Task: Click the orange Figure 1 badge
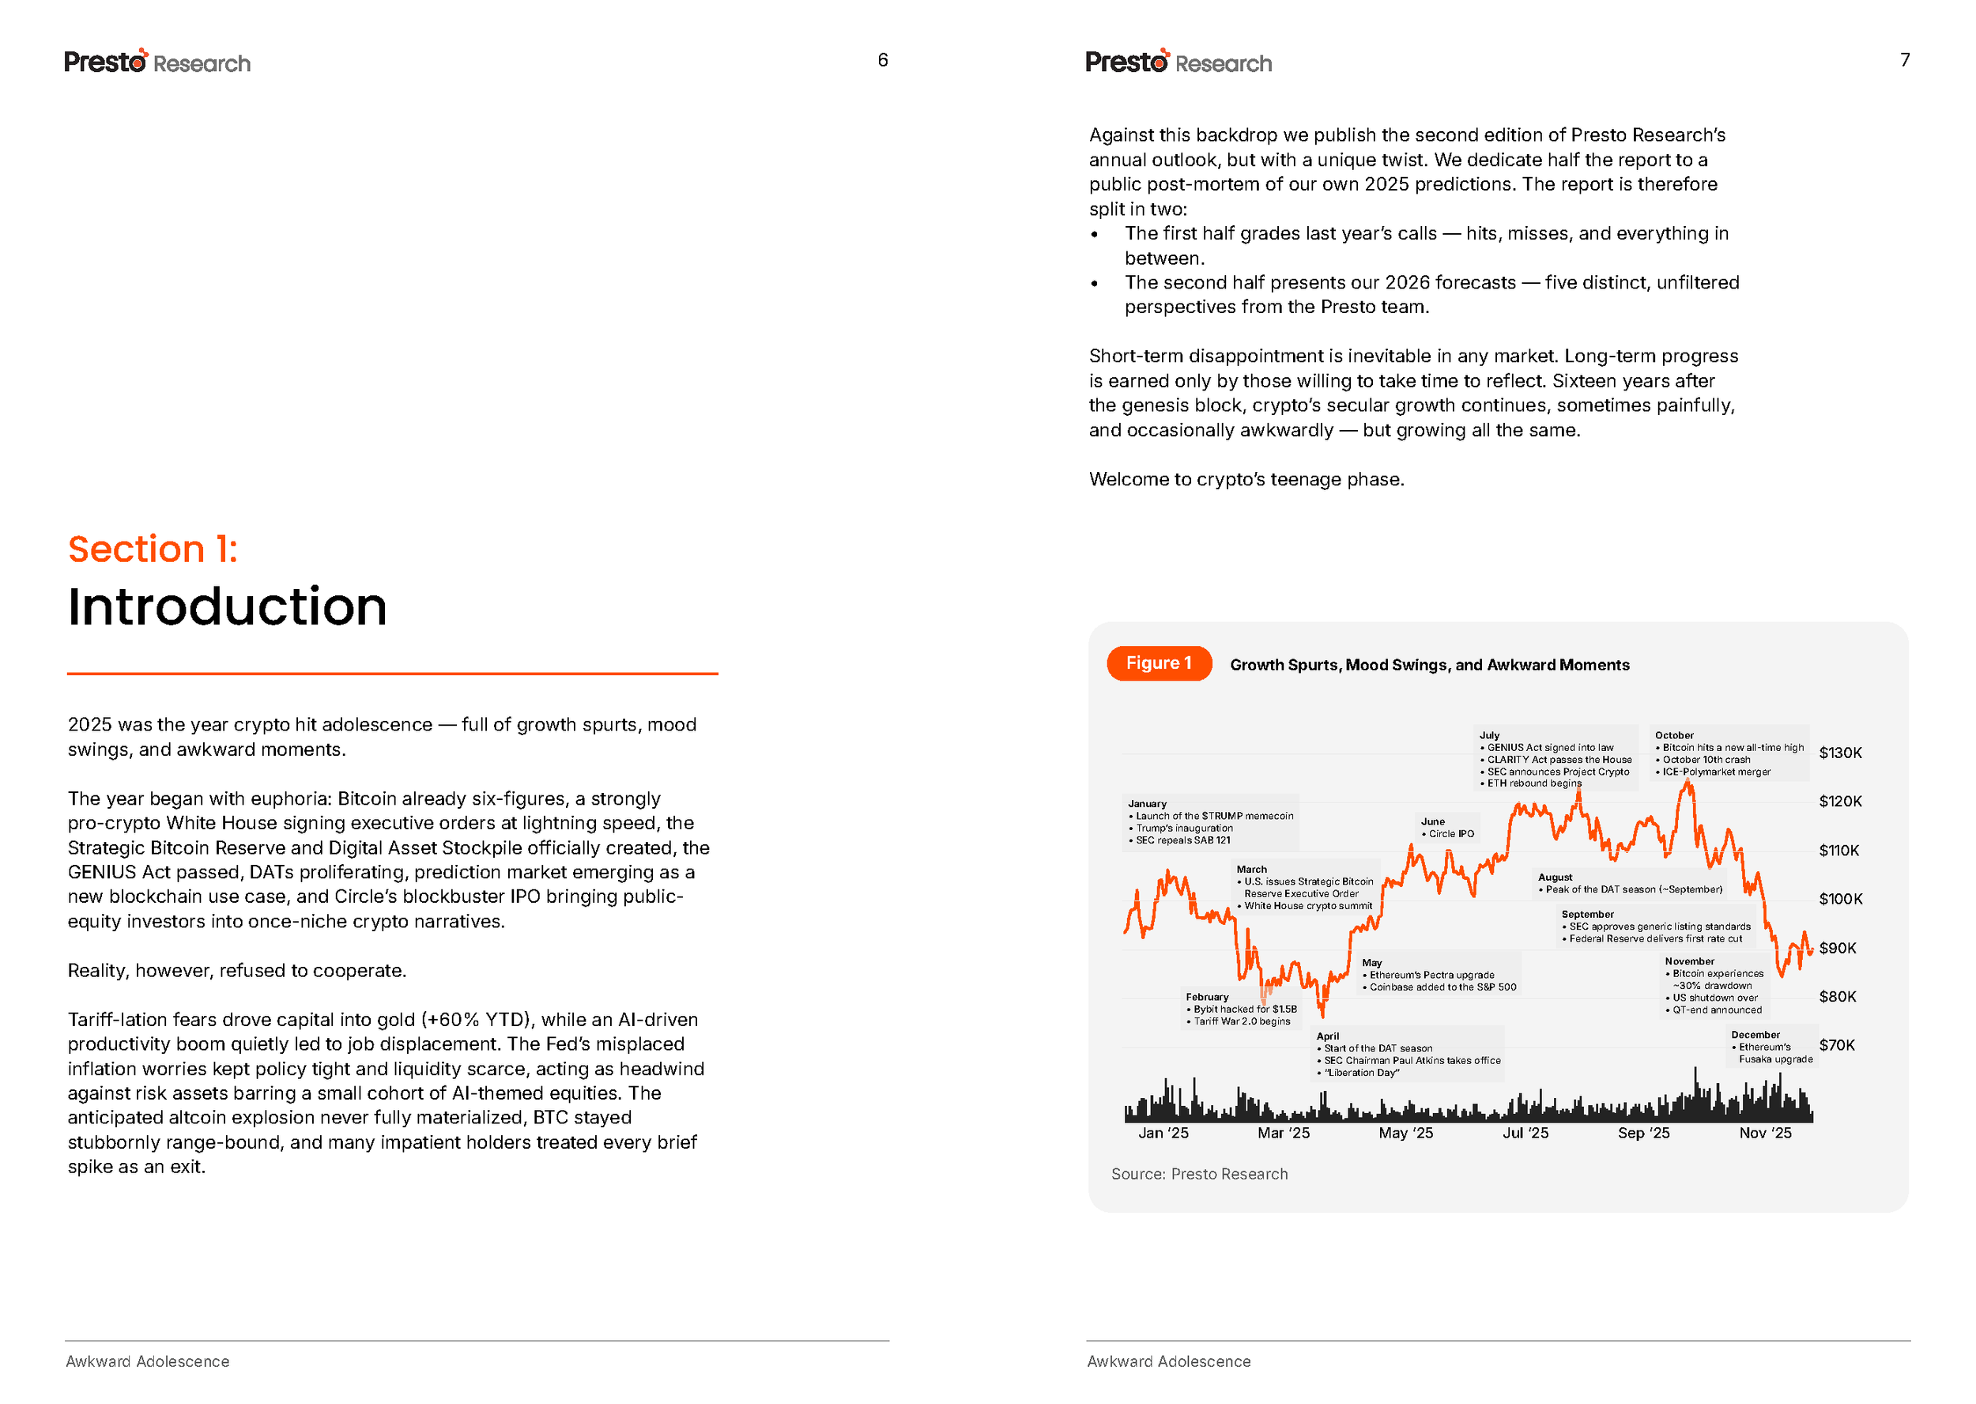pos(1158,663)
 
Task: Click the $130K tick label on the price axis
pos(1839,752)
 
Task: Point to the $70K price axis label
pos(1836,1044)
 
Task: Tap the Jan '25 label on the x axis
pos(1163,1133)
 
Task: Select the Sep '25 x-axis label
pos(1643,1133)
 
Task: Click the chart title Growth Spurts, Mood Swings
pos(1429,665)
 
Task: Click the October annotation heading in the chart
pos(1673,735)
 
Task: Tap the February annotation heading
pos(1207,997)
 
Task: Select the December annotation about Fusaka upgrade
pos(1771,1047)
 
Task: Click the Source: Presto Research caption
pos(1199,1174)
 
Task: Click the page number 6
pos(883,59)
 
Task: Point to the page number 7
pos(1904,59)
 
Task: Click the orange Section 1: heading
pos(152,549)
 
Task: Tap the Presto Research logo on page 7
pos(1178,62)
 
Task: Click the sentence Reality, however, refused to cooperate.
pos(237,970)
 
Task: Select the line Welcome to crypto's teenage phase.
pos(1246,479)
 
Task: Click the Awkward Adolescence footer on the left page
pos(147,1361)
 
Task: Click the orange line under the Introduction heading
pos(393,673)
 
